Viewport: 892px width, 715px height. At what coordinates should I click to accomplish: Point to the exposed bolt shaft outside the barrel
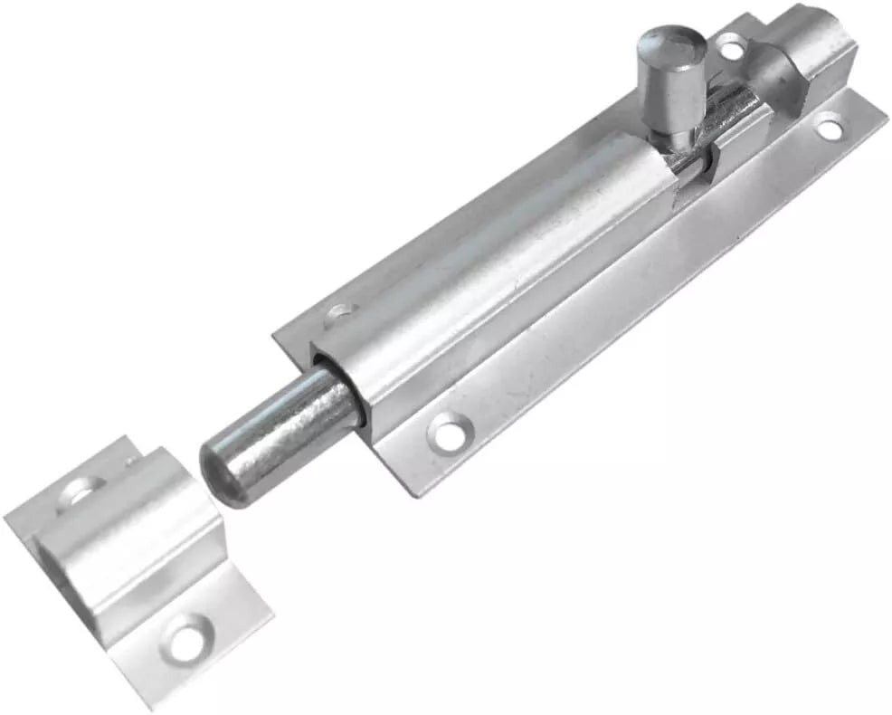[289, 425]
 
